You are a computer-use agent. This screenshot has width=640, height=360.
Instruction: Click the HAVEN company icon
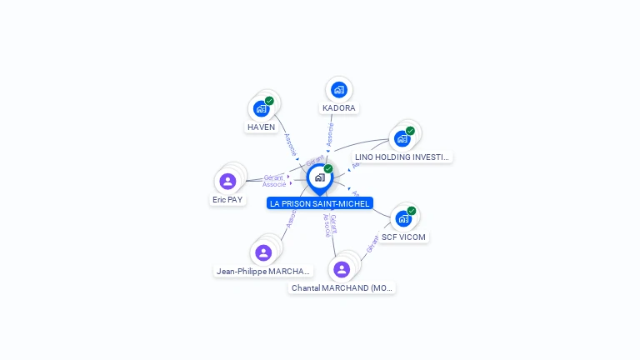[x=262, y=108]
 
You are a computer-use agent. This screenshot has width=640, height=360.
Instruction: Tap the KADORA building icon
[x=338, y=89]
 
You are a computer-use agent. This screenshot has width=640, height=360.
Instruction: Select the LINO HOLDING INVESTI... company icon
[x=402, y=138]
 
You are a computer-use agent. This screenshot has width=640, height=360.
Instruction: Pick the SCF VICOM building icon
[x=403, y=218]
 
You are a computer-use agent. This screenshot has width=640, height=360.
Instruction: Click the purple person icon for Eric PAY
[x=227, y=181]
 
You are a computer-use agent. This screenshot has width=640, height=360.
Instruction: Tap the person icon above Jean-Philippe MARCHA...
[x=263, y=252]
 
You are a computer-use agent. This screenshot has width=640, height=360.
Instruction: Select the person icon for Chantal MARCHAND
[x=342, y=269]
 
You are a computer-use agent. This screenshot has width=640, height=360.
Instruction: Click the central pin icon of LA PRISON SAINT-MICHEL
[x=319, y=177]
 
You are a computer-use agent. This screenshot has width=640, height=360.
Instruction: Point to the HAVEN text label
[x=261, y=127]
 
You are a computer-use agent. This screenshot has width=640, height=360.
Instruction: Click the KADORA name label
[x=338, y=108]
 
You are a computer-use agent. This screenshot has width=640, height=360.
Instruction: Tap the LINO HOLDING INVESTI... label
[x=402, y=157]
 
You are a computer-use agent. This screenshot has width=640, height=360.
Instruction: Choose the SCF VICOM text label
[x=403, y=237]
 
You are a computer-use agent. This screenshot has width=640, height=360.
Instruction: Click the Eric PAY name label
[x=227, y=200]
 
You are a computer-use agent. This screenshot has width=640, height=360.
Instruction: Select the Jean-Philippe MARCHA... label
[x=263, y=272]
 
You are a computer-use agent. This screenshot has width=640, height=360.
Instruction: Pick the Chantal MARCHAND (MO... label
[x=342, y=288]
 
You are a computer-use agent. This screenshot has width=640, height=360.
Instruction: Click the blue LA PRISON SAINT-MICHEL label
[x=319, y=203]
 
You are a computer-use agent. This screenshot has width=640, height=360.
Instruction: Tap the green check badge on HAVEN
[x=269, y=101]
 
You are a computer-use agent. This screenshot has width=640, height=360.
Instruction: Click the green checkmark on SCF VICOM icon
[x=411, y=211]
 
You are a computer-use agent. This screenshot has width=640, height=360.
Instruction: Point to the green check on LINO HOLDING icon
[x=410, y=131]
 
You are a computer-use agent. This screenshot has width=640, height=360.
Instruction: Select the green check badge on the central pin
[x=328, y=169]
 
